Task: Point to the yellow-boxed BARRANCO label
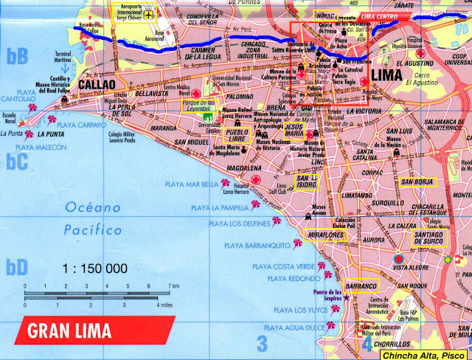click(x=361, y=286)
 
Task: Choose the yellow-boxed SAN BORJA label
click(x=417, y=181)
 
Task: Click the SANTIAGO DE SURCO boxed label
click(x=429, y=239)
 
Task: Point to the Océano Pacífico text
click(x=92, y=219)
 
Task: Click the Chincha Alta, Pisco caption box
click(x=424, y=355)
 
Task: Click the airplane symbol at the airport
click(x=148, y=15)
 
